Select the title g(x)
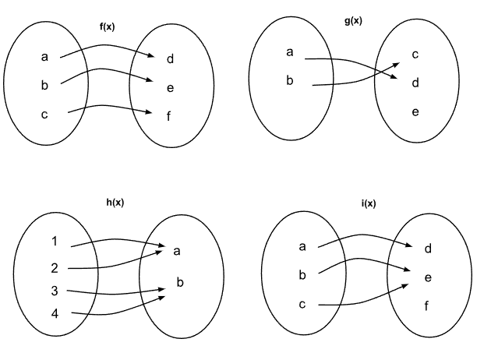[352, 20]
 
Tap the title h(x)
[115, 203]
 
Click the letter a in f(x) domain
[44, 57]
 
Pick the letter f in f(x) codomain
[169, 117]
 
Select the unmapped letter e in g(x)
[415, 112]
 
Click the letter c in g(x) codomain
[415, 54]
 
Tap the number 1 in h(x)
[55, 242]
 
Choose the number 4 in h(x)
[55, 315]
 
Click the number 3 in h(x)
[55, 291]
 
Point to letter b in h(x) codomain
[179, 282]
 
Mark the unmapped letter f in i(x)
[428, 305]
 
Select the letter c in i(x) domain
[302, 304]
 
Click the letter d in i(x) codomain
[428, 249]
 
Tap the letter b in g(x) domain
[290, 80]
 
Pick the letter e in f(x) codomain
[170, 87]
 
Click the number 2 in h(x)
[55, 268]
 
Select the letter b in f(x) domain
[44, 86]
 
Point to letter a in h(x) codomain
[177, 251]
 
